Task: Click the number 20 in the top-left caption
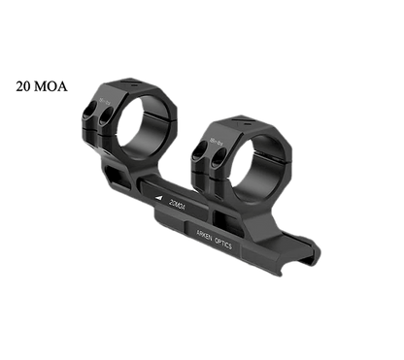[21, 85]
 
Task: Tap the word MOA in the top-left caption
[47, 85]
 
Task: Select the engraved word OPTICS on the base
[230, 246]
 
